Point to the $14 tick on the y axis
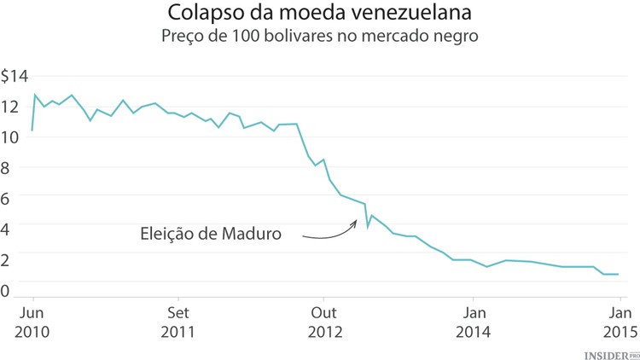[15, 76]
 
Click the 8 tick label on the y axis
[6, 167]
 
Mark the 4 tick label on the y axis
[6, 226]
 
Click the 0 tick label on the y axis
[6, 290]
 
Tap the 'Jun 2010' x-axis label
[32, 322]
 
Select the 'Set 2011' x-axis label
[177, 322]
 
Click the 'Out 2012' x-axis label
[323, 322]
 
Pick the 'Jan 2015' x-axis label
[620, 322]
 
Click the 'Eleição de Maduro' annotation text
[211, 233]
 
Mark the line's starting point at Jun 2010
[32, 131]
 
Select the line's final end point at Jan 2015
[618, 274]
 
